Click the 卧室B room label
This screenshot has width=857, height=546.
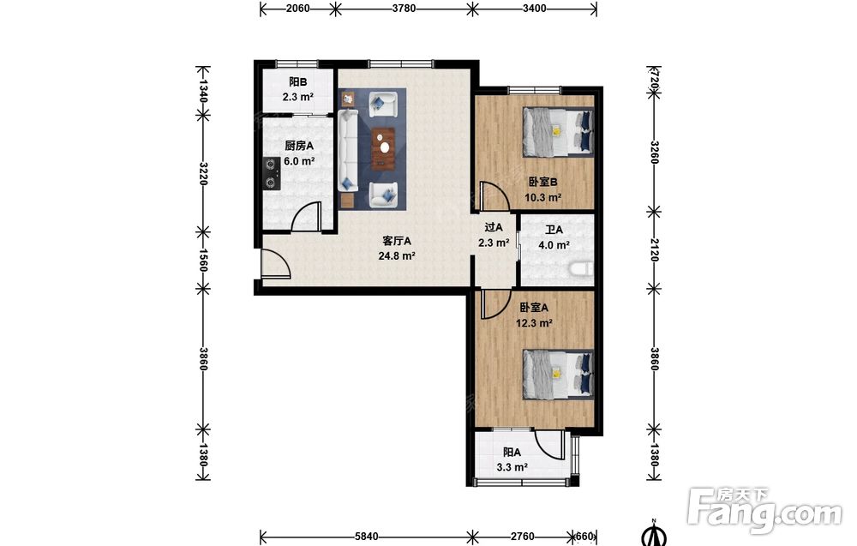click(x=542, y=182)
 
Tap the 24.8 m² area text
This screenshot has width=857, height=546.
click(x=397, y=255)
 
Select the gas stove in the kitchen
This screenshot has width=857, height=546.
click(x=271, y=173)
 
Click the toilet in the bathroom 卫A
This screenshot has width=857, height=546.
click(x=581, y=269)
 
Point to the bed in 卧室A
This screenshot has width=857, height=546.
click(x=558, y=375)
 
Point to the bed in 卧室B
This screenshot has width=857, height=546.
click(x=558, y=132)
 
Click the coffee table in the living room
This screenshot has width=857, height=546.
click(x=384, y=147)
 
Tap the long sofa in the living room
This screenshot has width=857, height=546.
click(x=348, y=150)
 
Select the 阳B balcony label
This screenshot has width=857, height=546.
click(x=298, y=82)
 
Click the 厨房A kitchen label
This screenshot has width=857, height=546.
click(x=299, y=146)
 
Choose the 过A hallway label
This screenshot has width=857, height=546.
click(x=494, y=227)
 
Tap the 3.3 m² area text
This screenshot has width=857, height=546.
click(x=512, y=467)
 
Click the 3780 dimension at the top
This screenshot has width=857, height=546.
click(x=404, y=9)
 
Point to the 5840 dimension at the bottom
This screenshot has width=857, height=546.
click(x=366, y=537)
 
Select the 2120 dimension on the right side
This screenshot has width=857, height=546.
click(x=654, y=249)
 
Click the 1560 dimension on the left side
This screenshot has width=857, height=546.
click(x=202, y=260)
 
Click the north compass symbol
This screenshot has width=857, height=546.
click(x=654, y=533)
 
